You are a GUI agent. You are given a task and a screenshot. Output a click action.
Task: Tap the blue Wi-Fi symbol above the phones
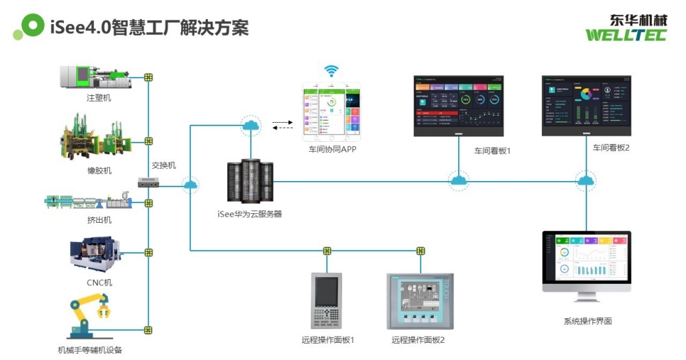point(332,71)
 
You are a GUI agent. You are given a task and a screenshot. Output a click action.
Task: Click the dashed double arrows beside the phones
point(282,125)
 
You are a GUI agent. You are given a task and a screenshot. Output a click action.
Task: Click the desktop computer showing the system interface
point(587,264)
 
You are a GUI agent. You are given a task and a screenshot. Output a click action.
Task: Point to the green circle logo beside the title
point(31,26)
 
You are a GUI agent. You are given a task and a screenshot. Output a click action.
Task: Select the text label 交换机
point(164,165)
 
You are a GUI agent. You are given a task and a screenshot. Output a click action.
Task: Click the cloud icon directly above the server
point(250,125)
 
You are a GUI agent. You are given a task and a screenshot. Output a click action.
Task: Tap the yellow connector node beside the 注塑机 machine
point(148,77)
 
